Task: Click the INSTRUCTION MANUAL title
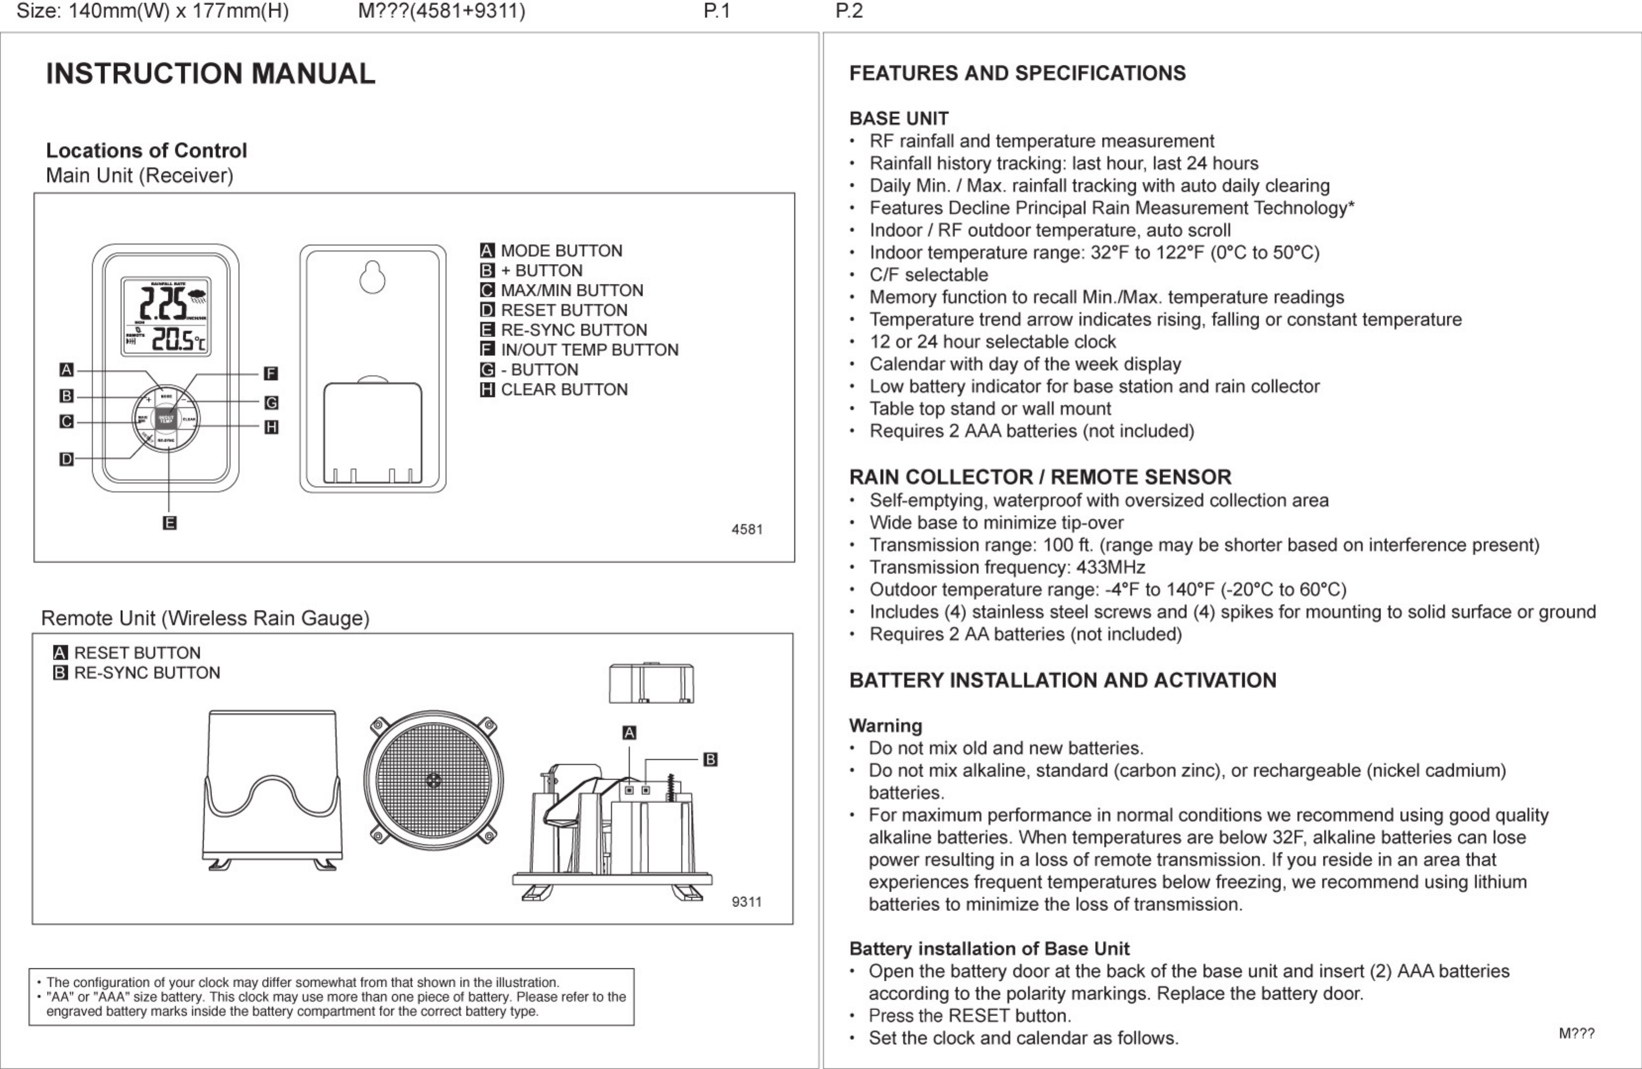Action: [x=210, y=74]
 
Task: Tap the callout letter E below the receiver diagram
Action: [x=169, y=523]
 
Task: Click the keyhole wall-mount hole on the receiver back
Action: [x=372, y=277]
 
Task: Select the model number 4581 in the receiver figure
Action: [x=747, y=530]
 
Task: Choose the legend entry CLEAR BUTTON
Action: [x=564, y=390]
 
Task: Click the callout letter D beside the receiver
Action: [x=66, y=459]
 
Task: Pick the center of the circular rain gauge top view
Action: [x=433, y=781]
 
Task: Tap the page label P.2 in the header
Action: [x=849, y=11]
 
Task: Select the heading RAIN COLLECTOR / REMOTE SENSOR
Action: [x=1040, y=477]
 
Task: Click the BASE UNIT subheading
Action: [x=898, y=119]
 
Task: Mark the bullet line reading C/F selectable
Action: [x=928, y=274]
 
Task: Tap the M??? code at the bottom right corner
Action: [x=1577, y=1033]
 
